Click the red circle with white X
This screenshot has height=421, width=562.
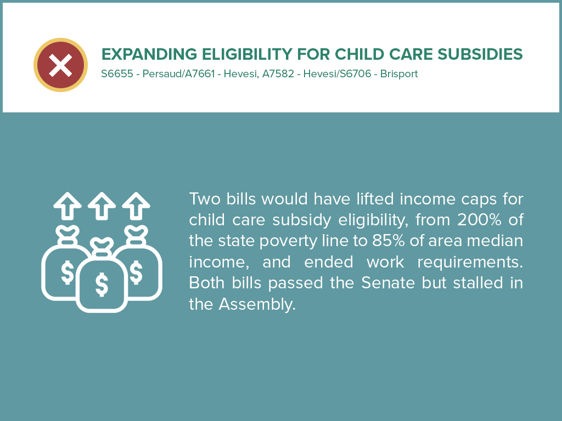(60, 65)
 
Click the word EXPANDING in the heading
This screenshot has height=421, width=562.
(149, 54)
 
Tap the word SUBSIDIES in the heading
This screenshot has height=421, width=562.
(480, 54)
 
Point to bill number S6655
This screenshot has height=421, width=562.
(117, 74)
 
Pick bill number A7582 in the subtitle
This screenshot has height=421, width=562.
(278, 74)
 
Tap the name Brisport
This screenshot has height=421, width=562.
(399, 74)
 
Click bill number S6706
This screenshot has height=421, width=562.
(355, 74)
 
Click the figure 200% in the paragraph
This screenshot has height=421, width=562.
(479, 220)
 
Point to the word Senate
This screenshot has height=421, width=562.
(388, 283)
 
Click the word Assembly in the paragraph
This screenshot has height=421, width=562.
(257, 305)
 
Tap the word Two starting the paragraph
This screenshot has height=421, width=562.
(205, 198)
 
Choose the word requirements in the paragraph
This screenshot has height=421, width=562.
(470, 263)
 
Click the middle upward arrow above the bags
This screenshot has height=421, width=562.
(102, 206)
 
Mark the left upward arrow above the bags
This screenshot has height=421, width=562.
(68, 206)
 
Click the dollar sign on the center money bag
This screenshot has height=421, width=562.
(102, 285)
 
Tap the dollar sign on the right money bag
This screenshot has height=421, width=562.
(136, 272)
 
